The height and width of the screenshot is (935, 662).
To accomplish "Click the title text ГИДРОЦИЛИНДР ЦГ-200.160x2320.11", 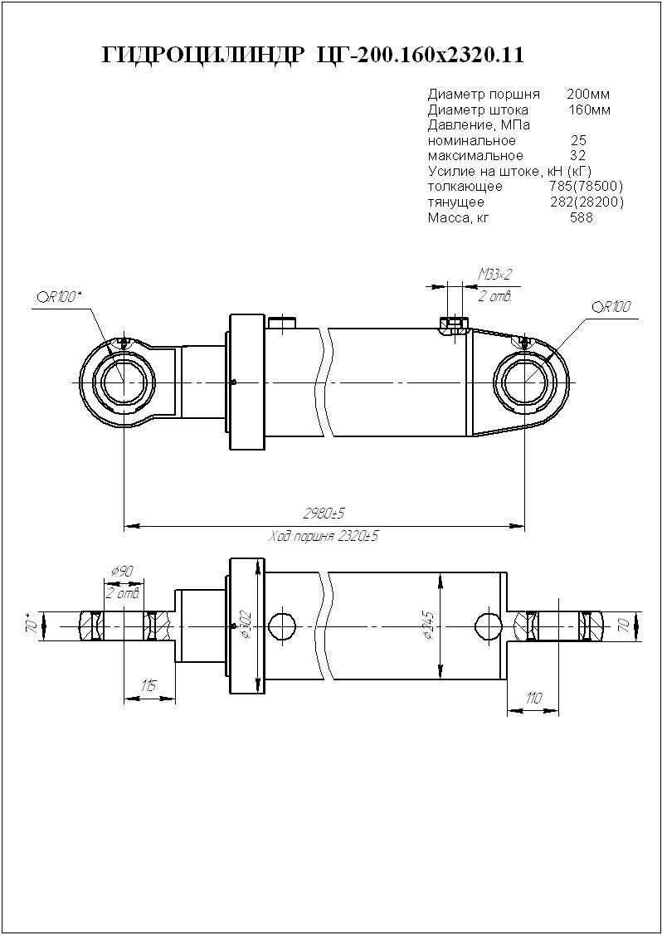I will (312, 56).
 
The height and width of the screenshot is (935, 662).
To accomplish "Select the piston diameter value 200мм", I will (588, 94).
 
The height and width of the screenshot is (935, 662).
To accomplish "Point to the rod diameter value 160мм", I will (589, 110).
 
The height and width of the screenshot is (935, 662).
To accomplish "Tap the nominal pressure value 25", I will (578, 140).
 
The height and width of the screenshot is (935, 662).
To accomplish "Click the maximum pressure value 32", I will (578, 155).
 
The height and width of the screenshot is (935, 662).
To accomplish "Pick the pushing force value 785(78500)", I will (587, 186).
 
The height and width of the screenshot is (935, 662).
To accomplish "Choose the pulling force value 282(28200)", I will (587, 202).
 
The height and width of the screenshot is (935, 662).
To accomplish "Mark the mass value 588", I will (582, 217).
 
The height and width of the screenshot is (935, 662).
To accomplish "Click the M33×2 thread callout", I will (495, 274).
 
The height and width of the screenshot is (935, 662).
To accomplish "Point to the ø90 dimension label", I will (122, 571).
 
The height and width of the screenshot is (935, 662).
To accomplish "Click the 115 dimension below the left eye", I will (148, 685).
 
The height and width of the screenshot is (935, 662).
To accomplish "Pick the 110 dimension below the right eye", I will (533, 698).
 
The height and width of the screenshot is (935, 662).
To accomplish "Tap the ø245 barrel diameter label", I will (428, 625).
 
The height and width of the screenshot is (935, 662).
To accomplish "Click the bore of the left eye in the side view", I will (124, 381).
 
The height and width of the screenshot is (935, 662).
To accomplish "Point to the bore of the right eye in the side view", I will (524, 381).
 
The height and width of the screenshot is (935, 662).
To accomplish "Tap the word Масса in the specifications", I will (448, 217).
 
